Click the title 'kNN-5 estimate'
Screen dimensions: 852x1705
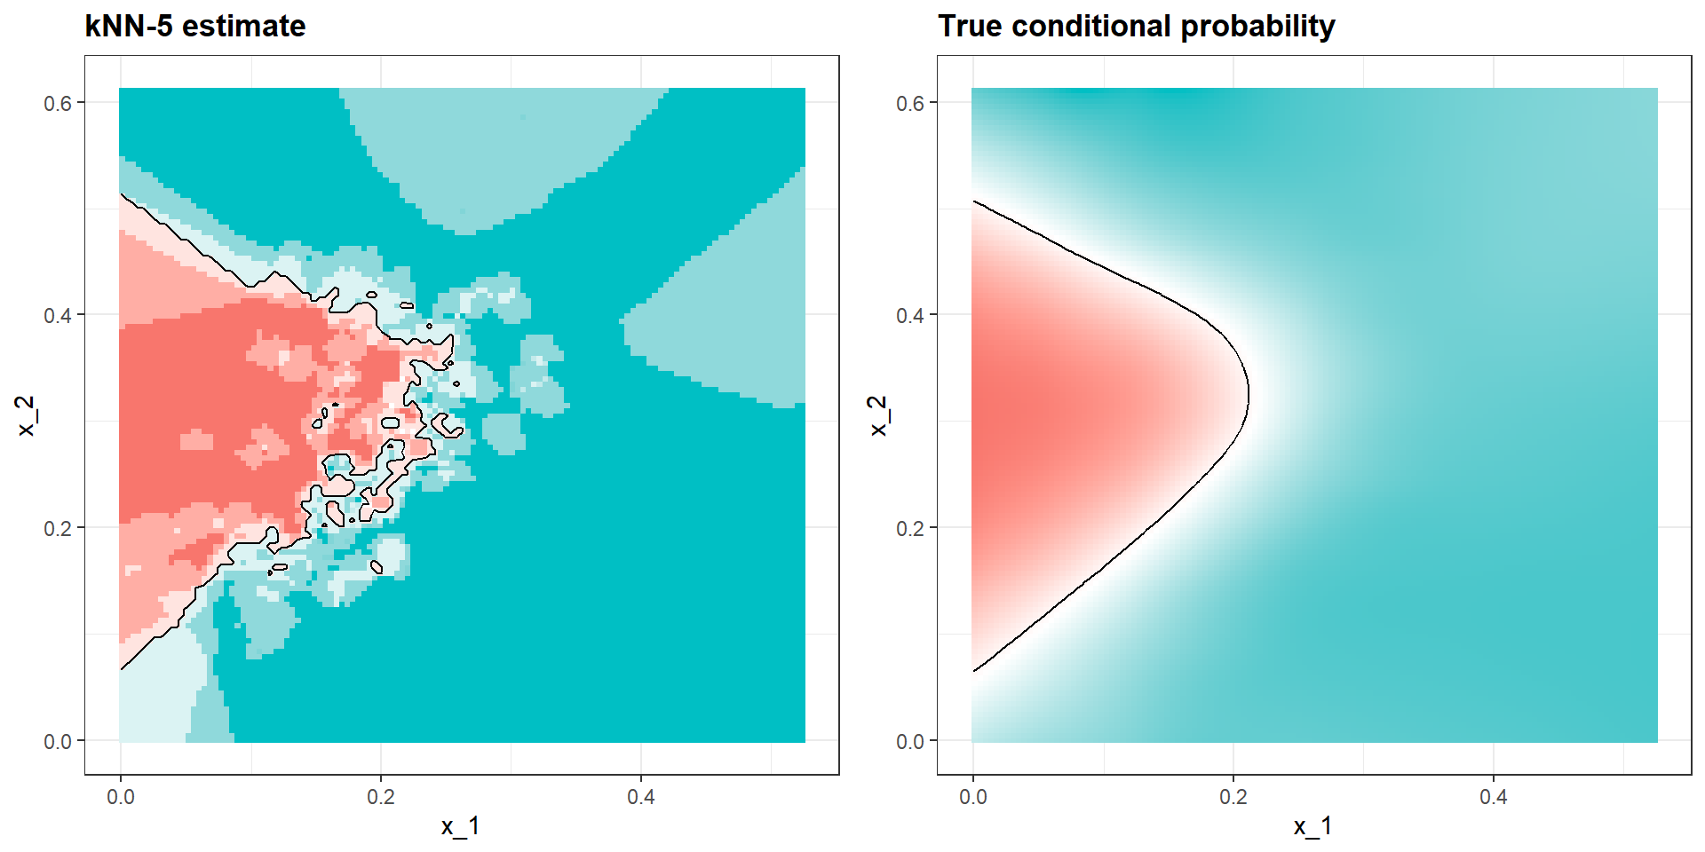(x=194, y=27)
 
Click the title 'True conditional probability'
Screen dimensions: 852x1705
(x=1136, y=27)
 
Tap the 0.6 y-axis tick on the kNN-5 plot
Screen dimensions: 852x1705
(x=58, y=103)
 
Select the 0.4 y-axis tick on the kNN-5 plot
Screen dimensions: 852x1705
(x=58, y=315)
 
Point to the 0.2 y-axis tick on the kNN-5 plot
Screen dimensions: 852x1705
(x=58, y=528)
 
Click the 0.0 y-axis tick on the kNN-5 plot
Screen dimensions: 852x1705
(x=58, y=741)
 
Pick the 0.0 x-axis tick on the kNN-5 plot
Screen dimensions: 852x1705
(x=121, y=796)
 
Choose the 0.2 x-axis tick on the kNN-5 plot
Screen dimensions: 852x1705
(x=381, y=796)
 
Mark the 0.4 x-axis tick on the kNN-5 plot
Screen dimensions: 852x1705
(x=641, y=796)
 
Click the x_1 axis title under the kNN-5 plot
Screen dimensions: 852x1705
(x=461, y=826)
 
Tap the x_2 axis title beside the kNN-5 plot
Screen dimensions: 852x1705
(x=27, y=415)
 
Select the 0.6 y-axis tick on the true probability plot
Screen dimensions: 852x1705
(x=910, y=103)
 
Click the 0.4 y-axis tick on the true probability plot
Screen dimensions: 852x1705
(x=910, y=315)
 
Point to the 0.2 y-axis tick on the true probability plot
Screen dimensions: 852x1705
(x=910, y=528)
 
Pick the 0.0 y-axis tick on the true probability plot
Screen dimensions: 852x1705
(x=910, y=741)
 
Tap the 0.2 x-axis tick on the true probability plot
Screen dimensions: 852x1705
(x=1233, y=796)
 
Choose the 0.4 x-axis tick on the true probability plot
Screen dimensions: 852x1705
(x=1494, y=796)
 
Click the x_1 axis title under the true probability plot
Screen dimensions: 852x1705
(x=1313, y=826)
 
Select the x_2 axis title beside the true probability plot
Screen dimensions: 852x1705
(x=879, y=415)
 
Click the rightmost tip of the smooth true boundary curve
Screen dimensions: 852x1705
(x=1249, y=394)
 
